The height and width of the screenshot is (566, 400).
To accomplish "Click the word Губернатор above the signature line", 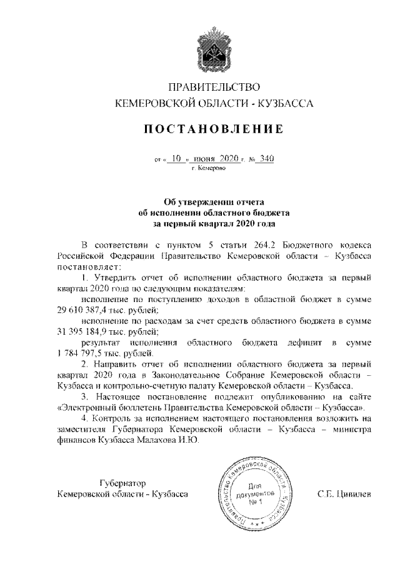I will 122,483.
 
